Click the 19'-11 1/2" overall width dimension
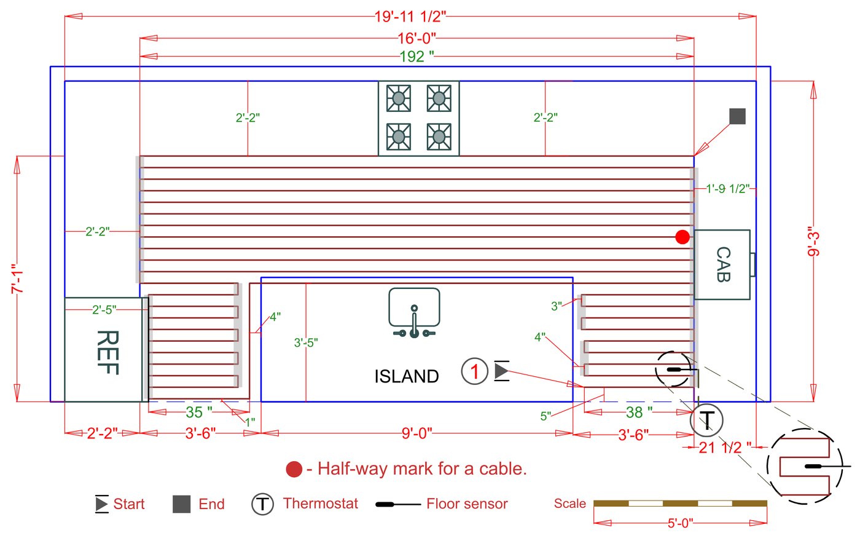pyautogui.click(x=410, y=17)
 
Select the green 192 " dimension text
pyautogui.click(x=416, y=57)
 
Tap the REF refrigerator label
pyautogui.click(x=107, y=352)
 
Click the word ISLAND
pyautogui.click(x=407, y=376)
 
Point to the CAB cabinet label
pyautogui.click(x=724, y=264)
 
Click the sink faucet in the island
pyautogui.click(x=414, y=323)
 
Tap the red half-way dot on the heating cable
pyautogui.click(x=682, y=237)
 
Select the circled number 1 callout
pyautogui.click(x=474, y=371)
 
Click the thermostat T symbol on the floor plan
pyautogui.click(x=706, y=421)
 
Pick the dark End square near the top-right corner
pyautogui.click(x=738, y=116)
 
